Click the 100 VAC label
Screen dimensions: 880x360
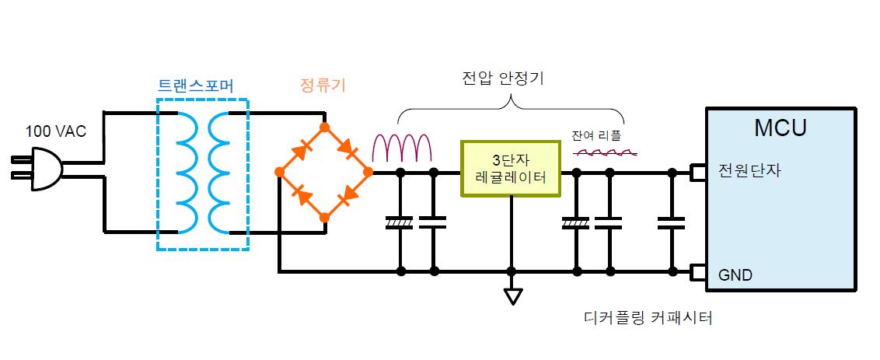56,132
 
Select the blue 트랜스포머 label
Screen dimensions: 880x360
195,86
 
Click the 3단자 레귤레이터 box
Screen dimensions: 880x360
510,169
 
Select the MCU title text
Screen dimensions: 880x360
780,128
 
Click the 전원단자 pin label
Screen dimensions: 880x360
742,170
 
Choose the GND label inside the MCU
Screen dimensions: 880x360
735,276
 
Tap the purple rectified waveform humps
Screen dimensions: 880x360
403,149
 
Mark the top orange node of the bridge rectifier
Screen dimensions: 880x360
324,128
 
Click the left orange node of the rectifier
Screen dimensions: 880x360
279,172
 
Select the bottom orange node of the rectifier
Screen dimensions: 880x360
324,217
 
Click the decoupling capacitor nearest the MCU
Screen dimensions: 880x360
671,222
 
